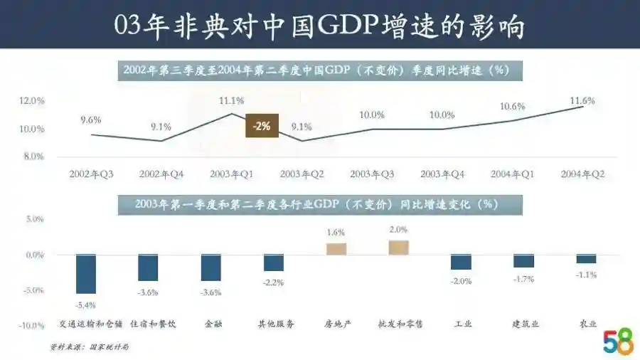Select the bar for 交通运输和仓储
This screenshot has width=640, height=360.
[86, 274]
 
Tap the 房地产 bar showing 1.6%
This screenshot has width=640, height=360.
[336, 248]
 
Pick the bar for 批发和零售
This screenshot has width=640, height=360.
[399, 247]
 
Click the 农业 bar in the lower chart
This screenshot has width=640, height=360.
[586, 259]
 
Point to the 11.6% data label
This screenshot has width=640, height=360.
[582, 100]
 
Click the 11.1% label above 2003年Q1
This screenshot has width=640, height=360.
[232, 100]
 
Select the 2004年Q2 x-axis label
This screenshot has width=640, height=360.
[582, 174]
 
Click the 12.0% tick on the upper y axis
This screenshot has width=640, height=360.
[32, 101]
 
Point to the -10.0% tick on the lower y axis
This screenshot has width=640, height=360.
[31, 326]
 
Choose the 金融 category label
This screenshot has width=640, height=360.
[212, 324]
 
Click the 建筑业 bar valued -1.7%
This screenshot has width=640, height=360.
[523, 261]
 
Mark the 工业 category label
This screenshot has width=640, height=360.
[462, 324]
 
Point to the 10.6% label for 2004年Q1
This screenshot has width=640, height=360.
[512, 107]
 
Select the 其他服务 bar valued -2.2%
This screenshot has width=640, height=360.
[274, 263]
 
